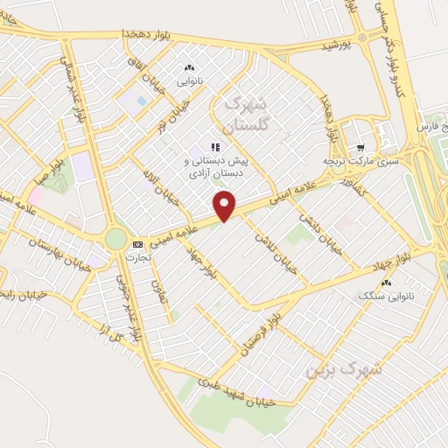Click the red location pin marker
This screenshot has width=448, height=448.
(x=226, y=206)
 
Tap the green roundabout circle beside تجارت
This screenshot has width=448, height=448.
(x=115, y=239)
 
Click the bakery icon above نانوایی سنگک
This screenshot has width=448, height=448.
(x=387, y=282)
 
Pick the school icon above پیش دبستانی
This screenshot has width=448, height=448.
(x=214, y=147)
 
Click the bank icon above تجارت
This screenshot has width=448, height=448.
(x=136, y=244)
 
